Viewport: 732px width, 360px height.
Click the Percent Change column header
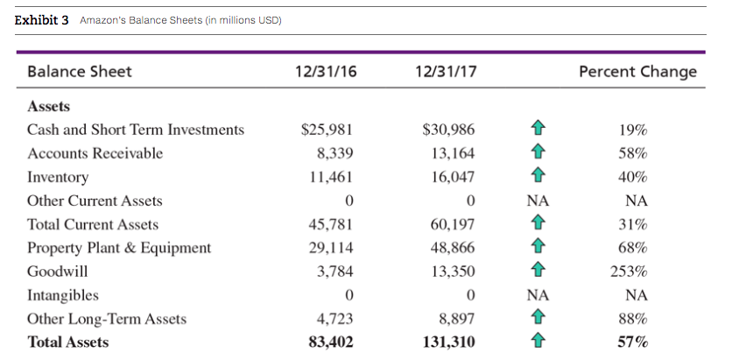[638, 72]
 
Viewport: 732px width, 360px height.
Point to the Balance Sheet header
[80, 72]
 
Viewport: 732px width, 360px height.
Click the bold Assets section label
[49, 107]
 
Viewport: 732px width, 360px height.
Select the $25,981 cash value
[327, 130]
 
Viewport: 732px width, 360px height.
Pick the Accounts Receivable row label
[95, 153]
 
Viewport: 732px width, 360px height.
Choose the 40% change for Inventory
[633, 177]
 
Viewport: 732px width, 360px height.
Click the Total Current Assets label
[93, 224]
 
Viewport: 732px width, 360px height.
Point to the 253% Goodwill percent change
[630, 272]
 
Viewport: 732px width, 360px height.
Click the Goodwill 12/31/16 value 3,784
[334, 272]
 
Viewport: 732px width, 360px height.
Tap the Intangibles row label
[63, 295]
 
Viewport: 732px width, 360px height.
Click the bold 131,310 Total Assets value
[449, 342]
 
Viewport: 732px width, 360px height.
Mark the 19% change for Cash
[633, 130]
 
